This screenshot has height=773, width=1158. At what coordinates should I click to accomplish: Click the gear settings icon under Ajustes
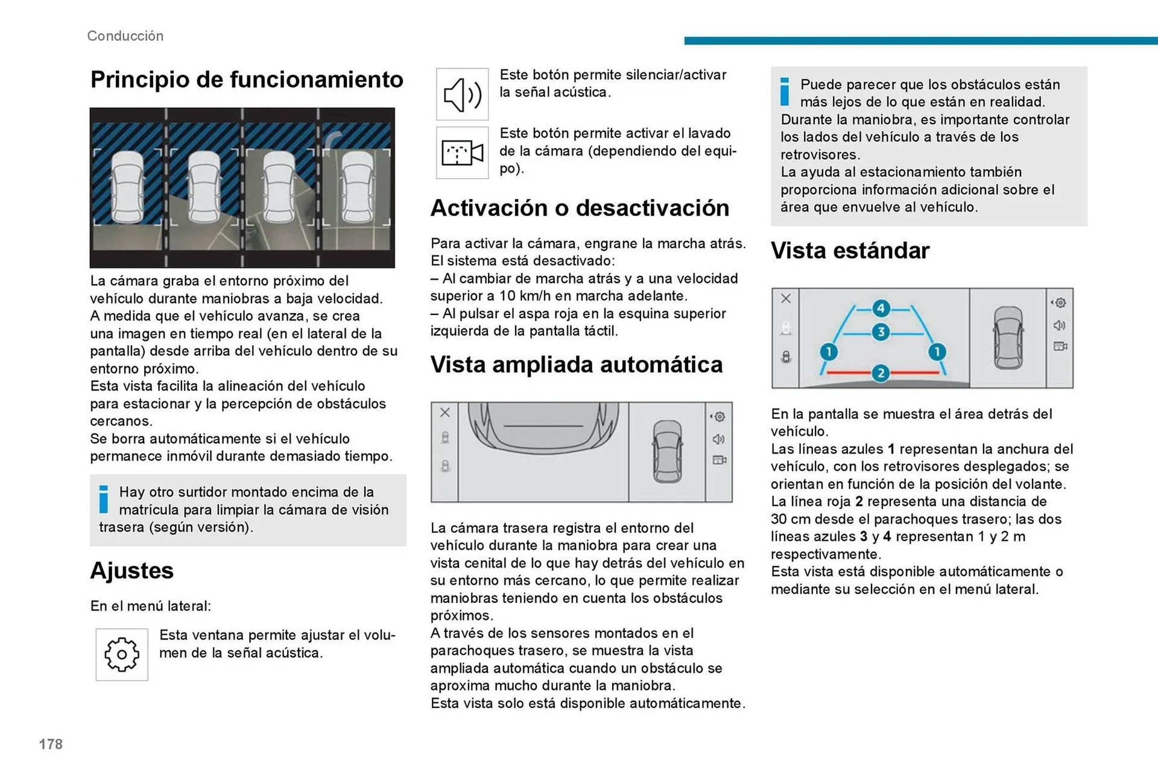(122, 654)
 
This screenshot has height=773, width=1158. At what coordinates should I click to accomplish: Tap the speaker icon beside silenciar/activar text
(462, 94)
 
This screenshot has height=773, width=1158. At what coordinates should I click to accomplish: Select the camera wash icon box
(462, 153)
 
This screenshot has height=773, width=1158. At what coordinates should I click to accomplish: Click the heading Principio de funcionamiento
(247, 80)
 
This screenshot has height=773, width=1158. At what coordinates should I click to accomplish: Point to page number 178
(51, 744)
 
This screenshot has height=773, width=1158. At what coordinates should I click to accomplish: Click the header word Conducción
(125, 36)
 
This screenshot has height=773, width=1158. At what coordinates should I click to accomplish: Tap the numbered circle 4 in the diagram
(881, 308)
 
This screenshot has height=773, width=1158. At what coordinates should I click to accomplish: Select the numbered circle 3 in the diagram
(881, 332)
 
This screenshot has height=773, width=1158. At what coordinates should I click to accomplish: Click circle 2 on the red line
(881, 373)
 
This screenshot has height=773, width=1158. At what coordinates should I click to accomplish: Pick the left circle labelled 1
(829, 352)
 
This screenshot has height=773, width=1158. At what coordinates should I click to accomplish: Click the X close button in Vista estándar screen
(786, 298)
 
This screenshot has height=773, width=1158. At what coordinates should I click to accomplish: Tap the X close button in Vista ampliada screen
(445, 412)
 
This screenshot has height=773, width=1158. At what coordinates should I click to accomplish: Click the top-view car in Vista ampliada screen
(668, 451)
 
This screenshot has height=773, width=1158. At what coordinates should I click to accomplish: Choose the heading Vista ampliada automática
(576, 364)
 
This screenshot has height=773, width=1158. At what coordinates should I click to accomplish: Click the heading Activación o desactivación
(580, 208)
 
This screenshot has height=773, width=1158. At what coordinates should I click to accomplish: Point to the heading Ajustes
(131, 570)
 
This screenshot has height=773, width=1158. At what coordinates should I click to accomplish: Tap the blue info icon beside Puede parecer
(785, 92)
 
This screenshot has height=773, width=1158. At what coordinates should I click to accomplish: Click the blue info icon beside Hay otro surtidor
(104, 499)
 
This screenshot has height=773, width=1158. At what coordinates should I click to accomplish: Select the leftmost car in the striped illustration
(128, 187)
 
